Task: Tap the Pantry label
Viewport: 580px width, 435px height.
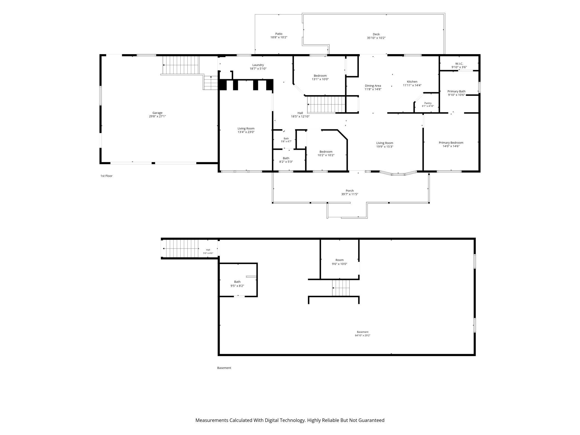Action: click(428, 103)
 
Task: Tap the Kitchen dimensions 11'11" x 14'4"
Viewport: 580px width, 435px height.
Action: click(412, 85)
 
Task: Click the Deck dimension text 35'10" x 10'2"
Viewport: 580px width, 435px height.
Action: click(376, 38)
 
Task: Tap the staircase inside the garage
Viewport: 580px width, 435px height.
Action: click(181, 65)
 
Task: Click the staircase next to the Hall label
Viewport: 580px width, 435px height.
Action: click(326, 105)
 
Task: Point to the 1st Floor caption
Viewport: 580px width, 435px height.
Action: click(106, 176)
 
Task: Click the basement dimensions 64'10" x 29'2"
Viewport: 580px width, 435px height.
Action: click(362, 335)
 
